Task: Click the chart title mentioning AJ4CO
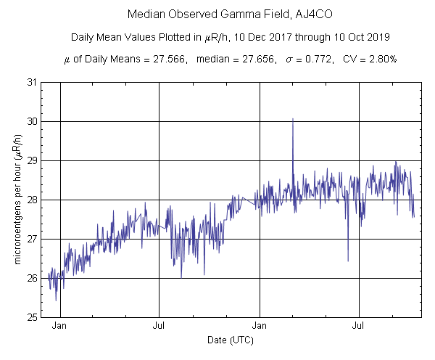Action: click(x=217, y=15)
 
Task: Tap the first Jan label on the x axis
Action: click(x=59, y=327)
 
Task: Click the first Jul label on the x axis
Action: click(x=159, y=327)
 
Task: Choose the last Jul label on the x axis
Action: click(x=358, y=327)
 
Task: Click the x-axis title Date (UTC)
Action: click(x=230, y=340)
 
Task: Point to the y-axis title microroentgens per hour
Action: click(x=17, y=200)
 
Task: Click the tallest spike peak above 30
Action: click(x=293, y=118)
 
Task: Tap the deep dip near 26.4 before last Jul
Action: click(x=348, y=260)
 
